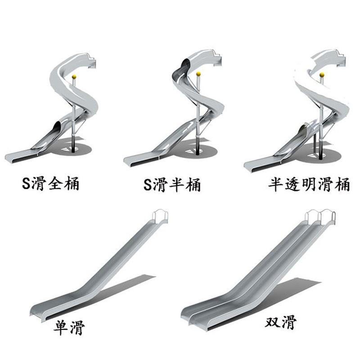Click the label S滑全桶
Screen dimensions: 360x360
51,184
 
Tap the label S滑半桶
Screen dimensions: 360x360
172,185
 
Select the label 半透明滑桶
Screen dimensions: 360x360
309,184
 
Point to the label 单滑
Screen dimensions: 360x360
69,327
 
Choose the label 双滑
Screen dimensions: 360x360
280,322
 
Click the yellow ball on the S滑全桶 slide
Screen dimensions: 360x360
74,77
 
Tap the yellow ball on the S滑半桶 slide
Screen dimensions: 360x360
198,74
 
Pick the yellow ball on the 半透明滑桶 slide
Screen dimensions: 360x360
322,75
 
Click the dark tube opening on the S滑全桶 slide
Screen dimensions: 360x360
57,127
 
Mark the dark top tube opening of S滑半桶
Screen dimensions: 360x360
185,63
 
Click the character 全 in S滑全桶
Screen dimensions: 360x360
55,183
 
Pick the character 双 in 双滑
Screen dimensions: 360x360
273,322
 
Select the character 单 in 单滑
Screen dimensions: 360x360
61,327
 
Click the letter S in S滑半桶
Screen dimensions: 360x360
148,185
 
